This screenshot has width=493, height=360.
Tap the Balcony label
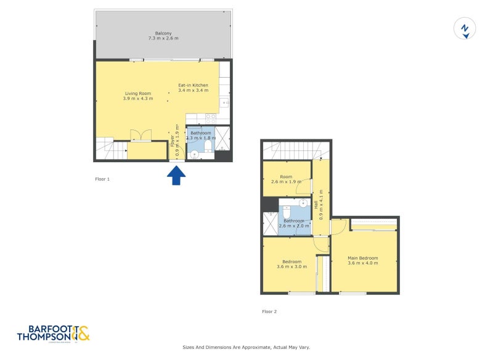pos(163,35)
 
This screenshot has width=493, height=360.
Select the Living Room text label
pos(138,96)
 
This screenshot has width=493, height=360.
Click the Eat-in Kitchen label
pos(193,88)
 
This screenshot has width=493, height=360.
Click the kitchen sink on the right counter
pos(224,103)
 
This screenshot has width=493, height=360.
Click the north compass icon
pos(465,29)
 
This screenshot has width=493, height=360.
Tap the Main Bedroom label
pos(362,260)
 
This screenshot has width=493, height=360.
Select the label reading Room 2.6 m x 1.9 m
pos(287,179)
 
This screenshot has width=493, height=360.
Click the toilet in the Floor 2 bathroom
pos(287,212)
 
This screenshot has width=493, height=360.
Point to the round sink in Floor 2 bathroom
pos(303,203)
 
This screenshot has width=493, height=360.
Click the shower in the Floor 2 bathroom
pos(270,223)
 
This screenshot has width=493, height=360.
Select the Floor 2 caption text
pos(269,311)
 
